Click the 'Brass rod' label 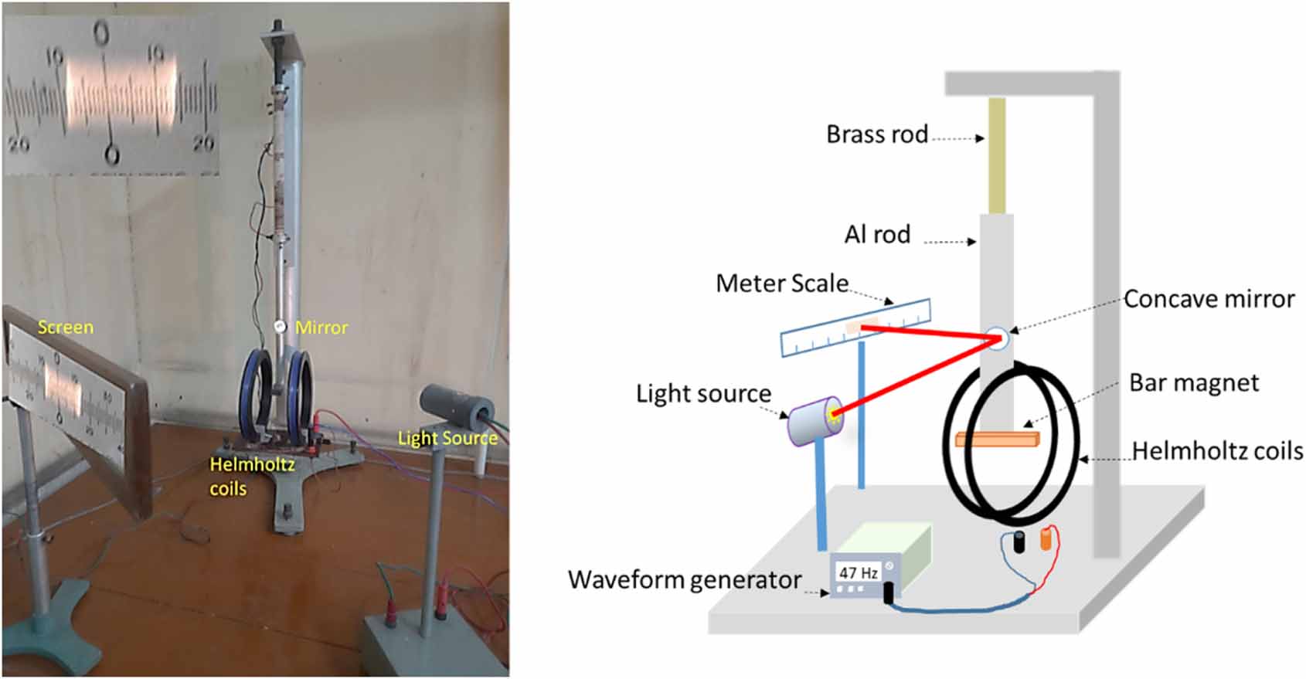click(x=877, y=134)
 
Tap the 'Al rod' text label click(x=877, y=234)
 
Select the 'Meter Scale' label click(x=782, y=283)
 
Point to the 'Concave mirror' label click(x=1209, y=299)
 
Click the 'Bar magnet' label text click(x=1194, y=382)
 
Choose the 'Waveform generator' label click(x=685, y=579)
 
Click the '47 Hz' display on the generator click(x=859, y=573)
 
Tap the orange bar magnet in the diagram click(x=997, y=440)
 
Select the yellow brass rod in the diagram click(x=997, y=154)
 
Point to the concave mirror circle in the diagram click(x=997, y=338)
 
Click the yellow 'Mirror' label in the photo click(x=321, y=328)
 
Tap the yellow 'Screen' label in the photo click(x=66, y=327)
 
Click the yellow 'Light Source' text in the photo click(x=447, y=438)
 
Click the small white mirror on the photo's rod click(x=280, y=328)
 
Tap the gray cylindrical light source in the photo click(x=456, y=405)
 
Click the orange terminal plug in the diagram click(x=1046, y=538)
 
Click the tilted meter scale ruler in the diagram click(x=855, y=328)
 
